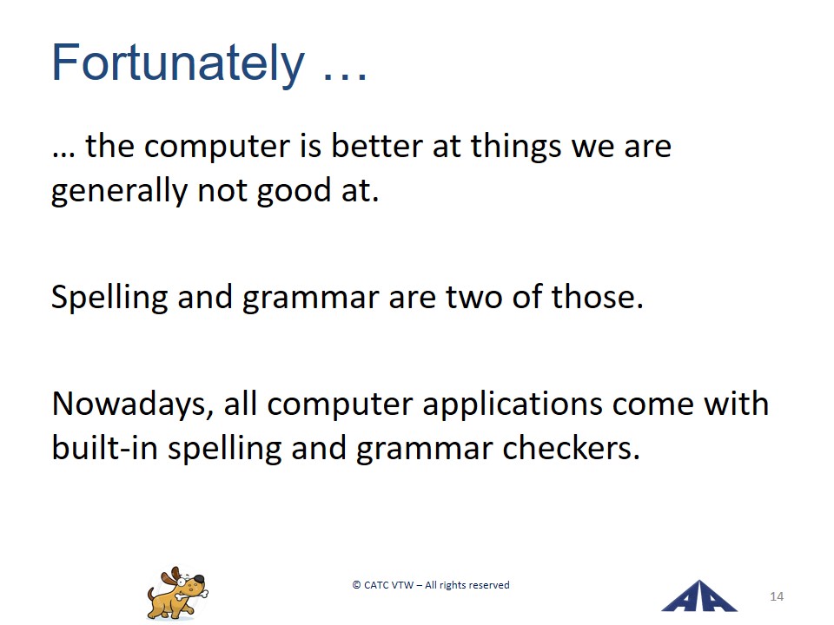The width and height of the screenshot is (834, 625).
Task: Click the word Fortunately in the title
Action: tap(178, 63)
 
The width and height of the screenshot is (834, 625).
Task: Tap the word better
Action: tap(376, 146)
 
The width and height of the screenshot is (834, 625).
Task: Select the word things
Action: tap(516, 148)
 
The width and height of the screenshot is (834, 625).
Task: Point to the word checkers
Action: tap(571, 449)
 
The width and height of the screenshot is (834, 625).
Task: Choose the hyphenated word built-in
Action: tap(105, 448)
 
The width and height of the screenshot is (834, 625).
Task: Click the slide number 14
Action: tap(777, 597)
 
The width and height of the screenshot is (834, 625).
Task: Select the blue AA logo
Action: tap(698, 596)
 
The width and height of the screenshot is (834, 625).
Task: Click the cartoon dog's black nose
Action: tap(198, 579)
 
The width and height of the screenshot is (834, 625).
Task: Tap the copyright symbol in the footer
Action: tap(356, 585)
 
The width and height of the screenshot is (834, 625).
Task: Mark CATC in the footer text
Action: tap(376, 585)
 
